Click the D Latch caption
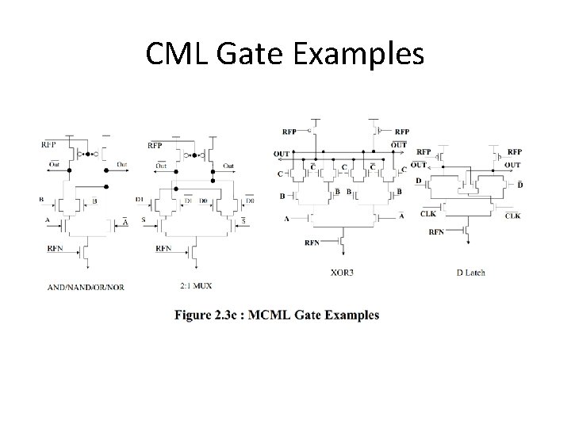470,272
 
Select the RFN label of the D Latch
437,232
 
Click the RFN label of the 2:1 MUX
163,248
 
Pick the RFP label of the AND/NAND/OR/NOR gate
48,144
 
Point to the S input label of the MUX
143,220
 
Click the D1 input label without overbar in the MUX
140,200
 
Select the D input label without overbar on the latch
419,182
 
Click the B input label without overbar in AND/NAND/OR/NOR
41,200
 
